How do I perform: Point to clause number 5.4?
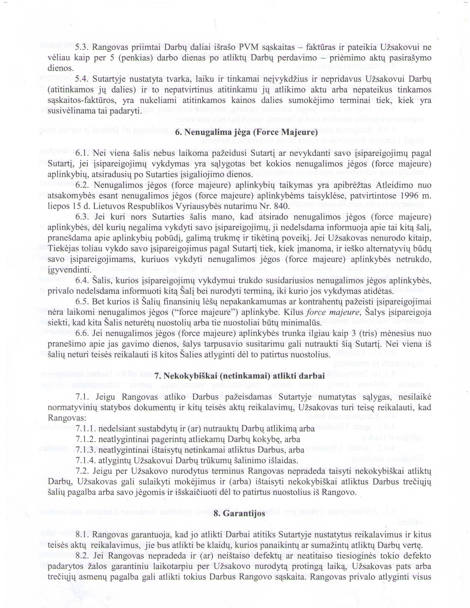click(x=82, y=79)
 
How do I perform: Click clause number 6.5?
click(x=82, y=302)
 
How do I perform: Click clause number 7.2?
click(x=82, y=471)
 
